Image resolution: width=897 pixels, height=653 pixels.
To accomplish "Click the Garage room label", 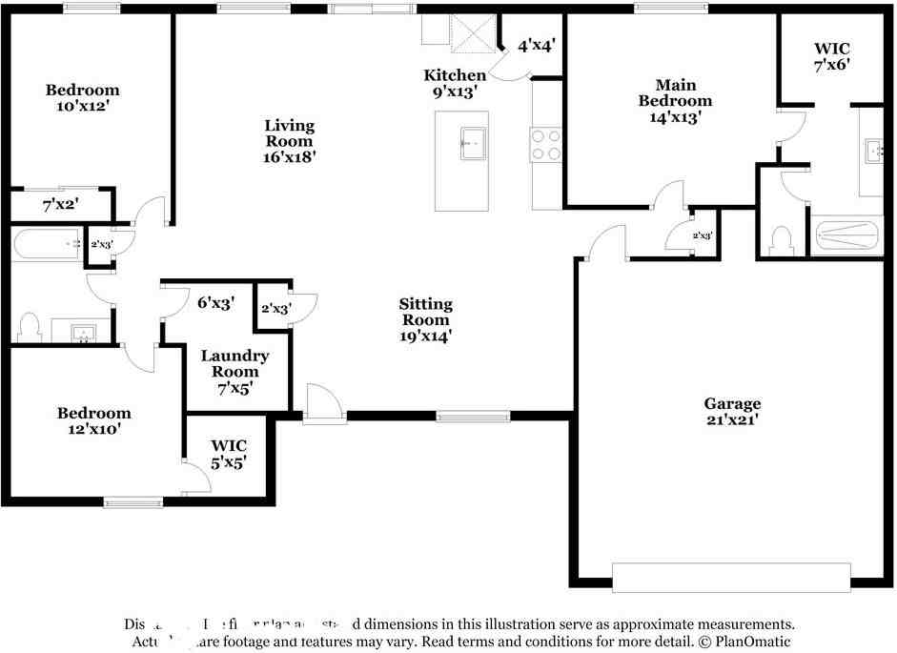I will point(732,411).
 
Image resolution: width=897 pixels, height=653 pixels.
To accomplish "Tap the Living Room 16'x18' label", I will point(290,140).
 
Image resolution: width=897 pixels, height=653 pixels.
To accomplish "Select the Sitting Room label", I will point(426,319).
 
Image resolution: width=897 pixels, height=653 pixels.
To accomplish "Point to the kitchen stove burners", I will point(545,144).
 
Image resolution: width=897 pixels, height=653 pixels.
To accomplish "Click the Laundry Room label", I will point(234,371).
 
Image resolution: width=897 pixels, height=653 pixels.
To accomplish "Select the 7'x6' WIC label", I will point(831,56).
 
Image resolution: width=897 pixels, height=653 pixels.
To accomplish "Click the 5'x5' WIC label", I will point(229,453).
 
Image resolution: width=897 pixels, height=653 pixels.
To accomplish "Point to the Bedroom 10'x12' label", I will point(83,98).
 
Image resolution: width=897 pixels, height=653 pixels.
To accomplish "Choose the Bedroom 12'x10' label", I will point(93,420).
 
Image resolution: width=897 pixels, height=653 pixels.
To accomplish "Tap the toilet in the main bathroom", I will point(780,240).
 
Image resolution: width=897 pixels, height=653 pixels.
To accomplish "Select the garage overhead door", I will point(731,578).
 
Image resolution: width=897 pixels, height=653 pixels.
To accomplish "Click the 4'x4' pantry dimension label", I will point(537,45).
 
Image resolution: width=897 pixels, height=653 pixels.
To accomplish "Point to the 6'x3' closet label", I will point(215,303).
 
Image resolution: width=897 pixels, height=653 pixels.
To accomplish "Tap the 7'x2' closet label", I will point(60,204).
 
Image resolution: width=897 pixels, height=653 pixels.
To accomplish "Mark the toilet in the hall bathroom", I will point(29,327).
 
